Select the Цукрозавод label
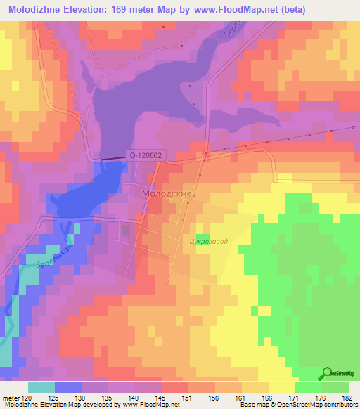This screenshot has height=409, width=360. click(x=209, y=242)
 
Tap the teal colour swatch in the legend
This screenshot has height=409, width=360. click(x=41, y=387)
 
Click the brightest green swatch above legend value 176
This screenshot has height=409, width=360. click(x=309, y=387)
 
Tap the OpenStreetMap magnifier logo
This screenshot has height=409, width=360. click(x=328, y=373)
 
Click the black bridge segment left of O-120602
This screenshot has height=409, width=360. click(x=111, y=160)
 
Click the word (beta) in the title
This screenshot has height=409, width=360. click(x=338, y=11)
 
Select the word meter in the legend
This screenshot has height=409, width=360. click(x=10, y=398)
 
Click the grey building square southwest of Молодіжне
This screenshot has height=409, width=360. click(x=126, y=229)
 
